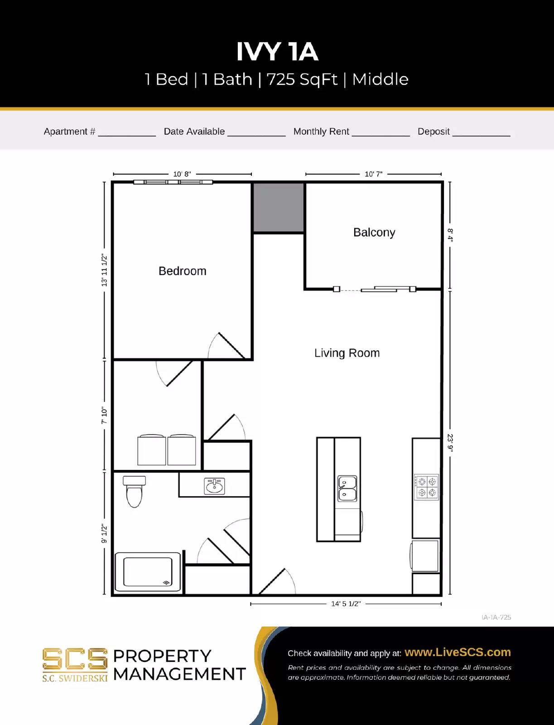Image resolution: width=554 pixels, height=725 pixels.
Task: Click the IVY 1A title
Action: [x=277, y=51]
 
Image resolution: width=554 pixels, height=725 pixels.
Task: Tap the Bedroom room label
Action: [x=182, y=271]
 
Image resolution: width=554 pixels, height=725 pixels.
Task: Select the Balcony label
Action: [x=374, y=232]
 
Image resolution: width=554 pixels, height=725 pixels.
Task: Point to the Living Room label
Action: [x=347, y=353]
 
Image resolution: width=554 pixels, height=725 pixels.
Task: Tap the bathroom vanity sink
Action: [x=214, y=486]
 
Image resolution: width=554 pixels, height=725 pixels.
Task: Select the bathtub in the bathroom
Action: [x=148, y=572]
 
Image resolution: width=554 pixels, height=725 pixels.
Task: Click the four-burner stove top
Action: [x=426, y=487]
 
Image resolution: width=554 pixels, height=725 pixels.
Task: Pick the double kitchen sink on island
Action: [x=347, y=488]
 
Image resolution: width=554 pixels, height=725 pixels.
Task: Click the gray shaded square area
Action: [x=278, y=208]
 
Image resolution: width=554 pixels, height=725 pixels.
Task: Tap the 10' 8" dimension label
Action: [x=182, y=174]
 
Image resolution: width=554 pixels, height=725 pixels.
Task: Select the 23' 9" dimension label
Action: [x=450, y=443]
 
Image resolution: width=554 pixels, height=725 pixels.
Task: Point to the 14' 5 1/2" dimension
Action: [x=346, y=604]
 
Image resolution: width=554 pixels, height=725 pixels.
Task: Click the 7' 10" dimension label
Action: [x=104, y=415]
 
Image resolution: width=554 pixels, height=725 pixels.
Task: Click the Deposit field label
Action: [x=434, y=131]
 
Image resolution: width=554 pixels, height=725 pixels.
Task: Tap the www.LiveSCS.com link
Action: [x=458, y=652]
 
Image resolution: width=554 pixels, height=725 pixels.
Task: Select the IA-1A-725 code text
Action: [x=496, y=617]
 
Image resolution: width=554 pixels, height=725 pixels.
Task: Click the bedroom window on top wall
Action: [x=173, y=182]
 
